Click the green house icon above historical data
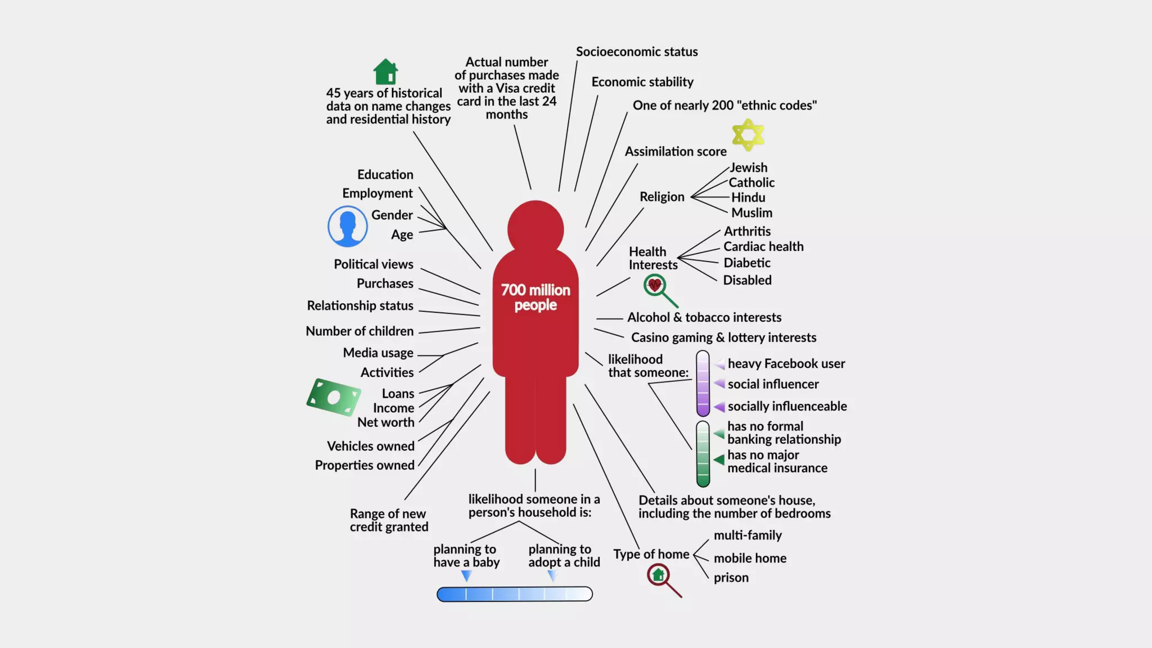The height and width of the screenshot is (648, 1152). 385,71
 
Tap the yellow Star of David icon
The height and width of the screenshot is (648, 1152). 748,135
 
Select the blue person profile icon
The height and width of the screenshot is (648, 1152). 348,226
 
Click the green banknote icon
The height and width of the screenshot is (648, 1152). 334,397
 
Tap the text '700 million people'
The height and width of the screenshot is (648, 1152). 535,298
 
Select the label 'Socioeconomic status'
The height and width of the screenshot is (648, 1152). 637,52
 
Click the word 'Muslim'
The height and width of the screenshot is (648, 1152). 751,213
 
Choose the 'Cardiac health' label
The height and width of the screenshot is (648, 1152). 763,246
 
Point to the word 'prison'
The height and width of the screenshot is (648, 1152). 731,578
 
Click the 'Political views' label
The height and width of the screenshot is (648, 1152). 373,264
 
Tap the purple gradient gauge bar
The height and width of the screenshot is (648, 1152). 703,384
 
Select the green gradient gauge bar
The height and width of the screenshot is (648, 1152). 703,453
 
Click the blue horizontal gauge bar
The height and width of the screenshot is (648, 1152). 515,594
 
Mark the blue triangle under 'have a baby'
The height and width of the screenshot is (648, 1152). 466,576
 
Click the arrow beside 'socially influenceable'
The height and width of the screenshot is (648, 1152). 719,407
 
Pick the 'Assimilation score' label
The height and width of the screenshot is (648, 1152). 676,152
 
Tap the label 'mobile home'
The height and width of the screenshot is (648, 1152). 750,559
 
